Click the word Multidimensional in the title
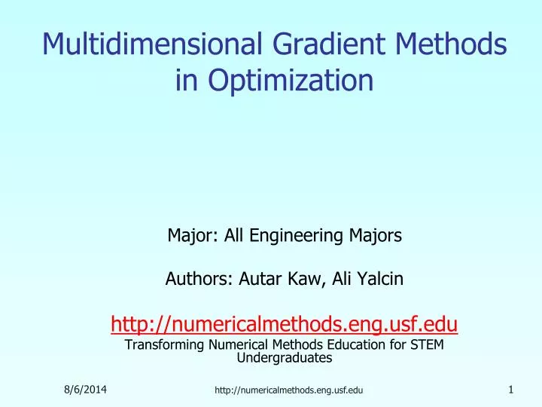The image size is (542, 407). coord(148,44)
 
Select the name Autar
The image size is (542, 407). coord(259,280)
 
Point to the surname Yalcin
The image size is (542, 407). coord(380,280)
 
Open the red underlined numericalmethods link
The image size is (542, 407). coord(284,325)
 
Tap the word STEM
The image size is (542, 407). coord(428,345)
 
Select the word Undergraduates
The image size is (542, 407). coord(284,358)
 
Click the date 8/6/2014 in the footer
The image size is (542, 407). coord(84,389)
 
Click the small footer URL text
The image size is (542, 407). coord(288,390)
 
